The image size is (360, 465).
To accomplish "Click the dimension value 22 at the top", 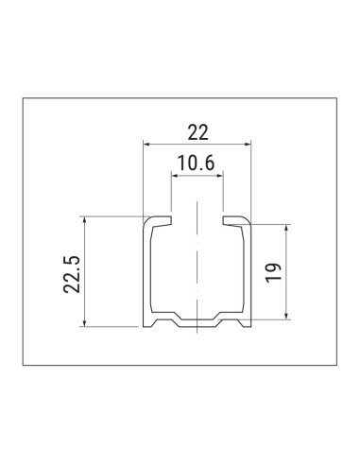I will coord(197,130).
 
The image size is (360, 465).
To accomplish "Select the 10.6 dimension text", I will coord(196,163).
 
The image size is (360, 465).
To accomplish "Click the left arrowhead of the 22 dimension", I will coord(147,144).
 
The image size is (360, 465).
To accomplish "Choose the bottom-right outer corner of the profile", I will coord(252,327).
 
